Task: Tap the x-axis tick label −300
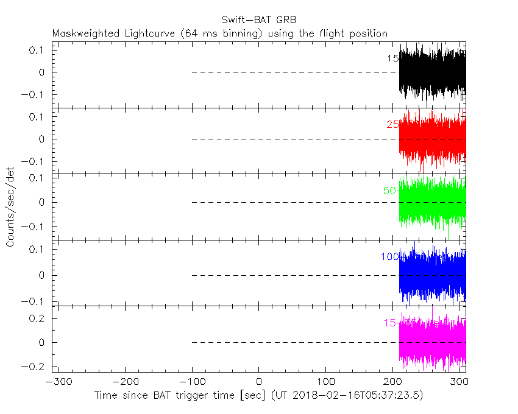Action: [55, 382]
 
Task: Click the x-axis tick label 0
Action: [259, 382]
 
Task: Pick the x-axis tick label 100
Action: [326, 382]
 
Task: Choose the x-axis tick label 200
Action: [393, 382]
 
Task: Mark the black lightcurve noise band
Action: [433, 72]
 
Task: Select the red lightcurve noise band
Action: [433, 139]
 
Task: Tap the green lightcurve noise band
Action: [433, 202]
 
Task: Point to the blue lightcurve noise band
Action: [433, 275]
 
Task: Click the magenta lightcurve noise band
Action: [433, 343]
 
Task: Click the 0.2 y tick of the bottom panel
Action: [38, 318]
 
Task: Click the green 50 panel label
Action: [389, 191]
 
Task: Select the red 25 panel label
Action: [392, 125]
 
